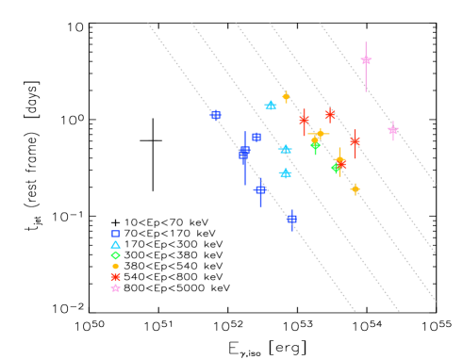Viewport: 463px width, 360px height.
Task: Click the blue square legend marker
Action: click(x=116, y=234)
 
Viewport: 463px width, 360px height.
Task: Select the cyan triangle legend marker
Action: click(x=116, y=244)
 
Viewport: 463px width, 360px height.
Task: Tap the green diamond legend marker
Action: click(x=116, y=255)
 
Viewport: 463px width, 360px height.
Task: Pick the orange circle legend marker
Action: click(x=116, y=266)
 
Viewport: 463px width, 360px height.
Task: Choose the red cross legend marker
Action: click(x=116, y=277)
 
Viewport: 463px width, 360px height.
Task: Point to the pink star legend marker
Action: click(x=116, y=287)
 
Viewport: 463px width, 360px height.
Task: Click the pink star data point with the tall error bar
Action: click(x=366, y=60)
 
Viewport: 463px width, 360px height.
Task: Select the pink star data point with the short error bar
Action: click(x=393, y=130)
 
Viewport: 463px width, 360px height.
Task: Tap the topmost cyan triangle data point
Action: click(x=271, y=106)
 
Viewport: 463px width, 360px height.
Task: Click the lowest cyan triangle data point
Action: click(x=285, y=173)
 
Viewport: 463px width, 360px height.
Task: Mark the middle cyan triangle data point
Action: click(x=285, y=149)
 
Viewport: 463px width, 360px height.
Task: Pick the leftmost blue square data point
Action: click(x=215, y=115)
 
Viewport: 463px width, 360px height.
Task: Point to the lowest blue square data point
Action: click(x=291, y=219)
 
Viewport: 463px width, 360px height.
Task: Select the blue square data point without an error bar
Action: click(x=256, y=137)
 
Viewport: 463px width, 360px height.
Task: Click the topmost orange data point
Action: click(x=286, y=96)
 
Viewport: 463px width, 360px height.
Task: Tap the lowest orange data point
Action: click(x=356, y=188)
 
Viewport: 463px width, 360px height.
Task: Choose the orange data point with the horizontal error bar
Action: click(x=320, y=134)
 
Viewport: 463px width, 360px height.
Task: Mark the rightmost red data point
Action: click(x=355, y=140)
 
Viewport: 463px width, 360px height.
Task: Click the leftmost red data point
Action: click(x=304, y=120)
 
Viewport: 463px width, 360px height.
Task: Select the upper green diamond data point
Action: click(x=316, y=145)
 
